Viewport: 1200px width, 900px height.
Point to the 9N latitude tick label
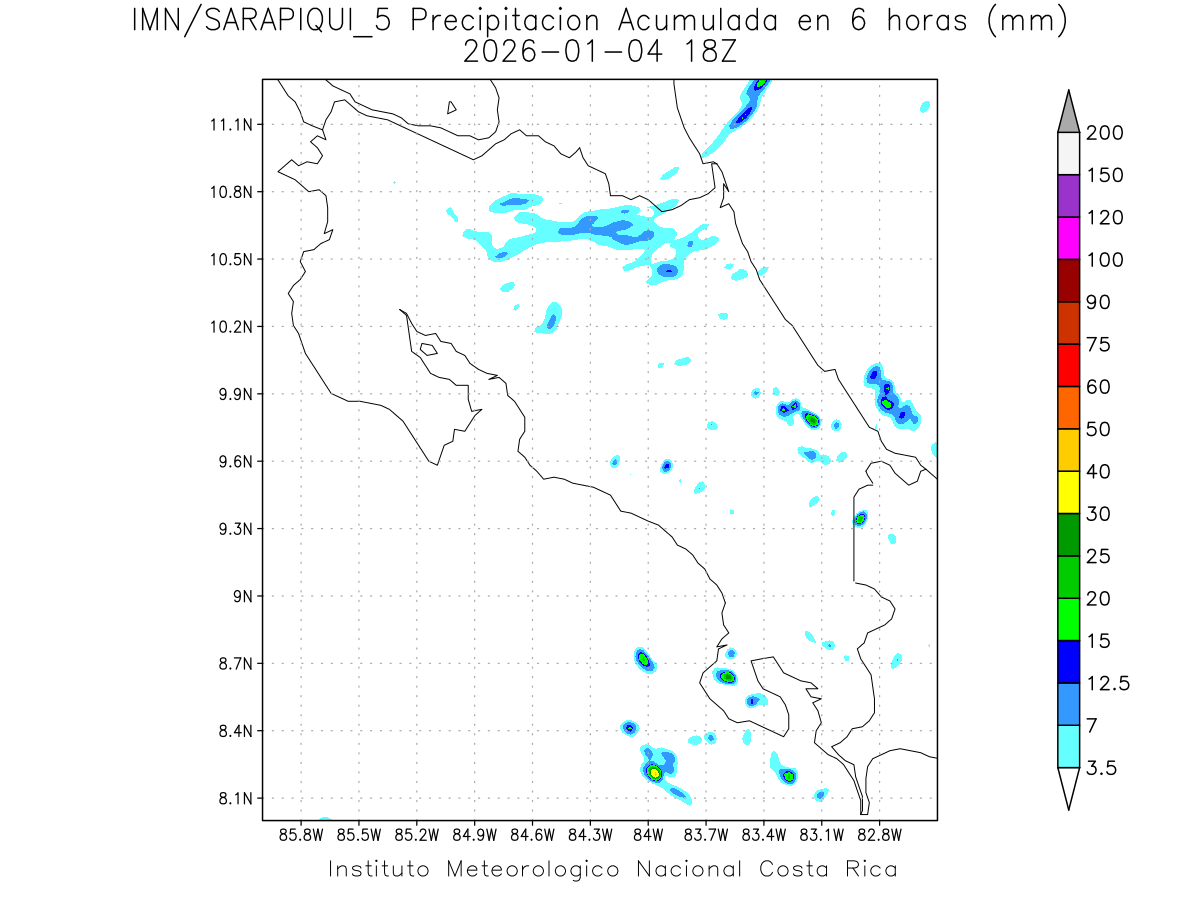[x=241, y=596]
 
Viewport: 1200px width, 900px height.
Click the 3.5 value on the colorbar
[x=1103, y=768]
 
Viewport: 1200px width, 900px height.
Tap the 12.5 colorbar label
[x=1107, y=683]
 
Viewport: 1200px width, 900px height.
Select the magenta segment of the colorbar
[x=1068, y=239]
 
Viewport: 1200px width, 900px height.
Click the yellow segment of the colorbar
[x=1068, y=492]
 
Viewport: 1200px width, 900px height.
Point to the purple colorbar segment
[x=1068, y=197]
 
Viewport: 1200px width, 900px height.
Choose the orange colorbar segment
[x=1068, y=408]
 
